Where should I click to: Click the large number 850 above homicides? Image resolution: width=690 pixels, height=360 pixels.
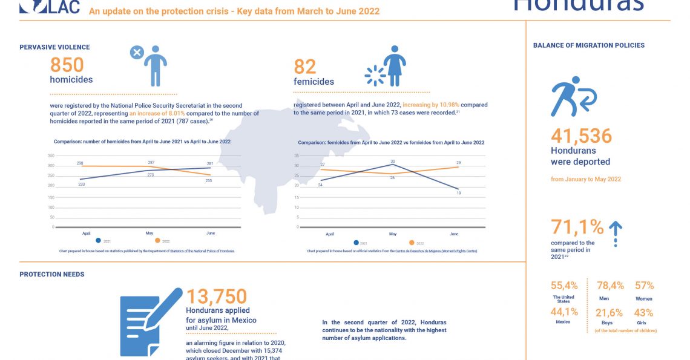(x=67, y=65)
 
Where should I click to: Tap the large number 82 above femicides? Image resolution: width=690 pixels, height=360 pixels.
(x=305, y=67)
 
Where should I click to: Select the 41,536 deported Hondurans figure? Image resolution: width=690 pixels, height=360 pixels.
(x=581, y=136)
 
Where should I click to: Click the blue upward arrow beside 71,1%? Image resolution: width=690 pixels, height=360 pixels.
(x=615, y=231)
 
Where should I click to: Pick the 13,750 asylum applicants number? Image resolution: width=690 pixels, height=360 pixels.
(x=216, y=296)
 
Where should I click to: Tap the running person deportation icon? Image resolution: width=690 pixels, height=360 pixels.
(x=573, y=96)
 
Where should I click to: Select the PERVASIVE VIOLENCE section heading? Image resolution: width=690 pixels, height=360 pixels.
(x=54, y=47)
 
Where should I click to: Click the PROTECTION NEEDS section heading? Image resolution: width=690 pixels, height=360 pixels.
(x=52, y=274)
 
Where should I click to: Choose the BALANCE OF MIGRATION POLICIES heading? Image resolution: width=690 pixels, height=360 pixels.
(x=588, y=45)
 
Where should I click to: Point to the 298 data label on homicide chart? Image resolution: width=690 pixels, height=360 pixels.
(x=80, y=163)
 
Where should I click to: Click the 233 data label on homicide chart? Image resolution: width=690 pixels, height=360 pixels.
(x=81, y=184)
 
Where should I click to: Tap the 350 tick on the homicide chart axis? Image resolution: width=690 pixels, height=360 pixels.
(x=51, y=155)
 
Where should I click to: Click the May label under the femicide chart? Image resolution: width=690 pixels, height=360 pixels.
(x=392, y=234)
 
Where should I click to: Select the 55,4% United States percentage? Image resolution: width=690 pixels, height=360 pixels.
(x=564, y=286)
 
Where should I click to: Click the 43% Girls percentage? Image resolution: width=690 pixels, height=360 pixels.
(x=643, y=313)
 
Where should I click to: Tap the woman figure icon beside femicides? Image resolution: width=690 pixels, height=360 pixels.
(x=395, y=65)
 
